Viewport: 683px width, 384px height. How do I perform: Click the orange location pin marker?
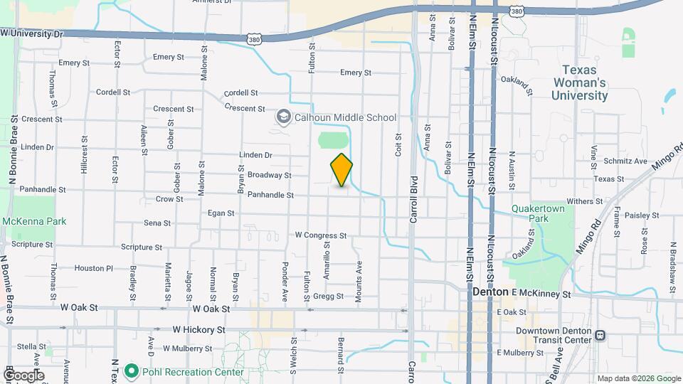341,170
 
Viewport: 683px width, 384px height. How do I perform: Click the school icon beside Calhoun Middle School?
283,117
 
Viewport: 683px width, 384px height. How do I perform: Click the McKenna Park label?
33,221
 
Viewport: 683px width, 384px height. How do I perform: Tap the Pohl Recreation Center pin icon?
131,371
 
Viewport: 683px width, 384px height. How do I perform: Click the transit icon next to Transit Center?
600,336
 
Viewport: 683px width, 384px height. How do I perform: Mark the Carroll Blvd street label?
413,207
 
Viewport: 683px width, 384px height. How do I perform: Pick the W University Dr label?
32,33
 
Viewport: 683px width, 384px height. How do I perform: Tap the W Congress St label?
320,235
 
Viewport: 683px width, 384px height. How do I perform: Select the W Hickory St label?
199,330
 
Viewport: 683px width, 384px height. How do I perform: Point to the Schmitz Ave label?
625,161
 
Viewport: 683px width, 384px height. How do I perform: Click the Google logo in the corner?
23,375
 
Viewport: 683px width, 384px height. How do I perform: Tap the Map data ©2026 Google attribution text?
638,378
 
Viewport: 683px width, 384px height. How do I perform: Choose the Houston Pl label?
94,268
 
